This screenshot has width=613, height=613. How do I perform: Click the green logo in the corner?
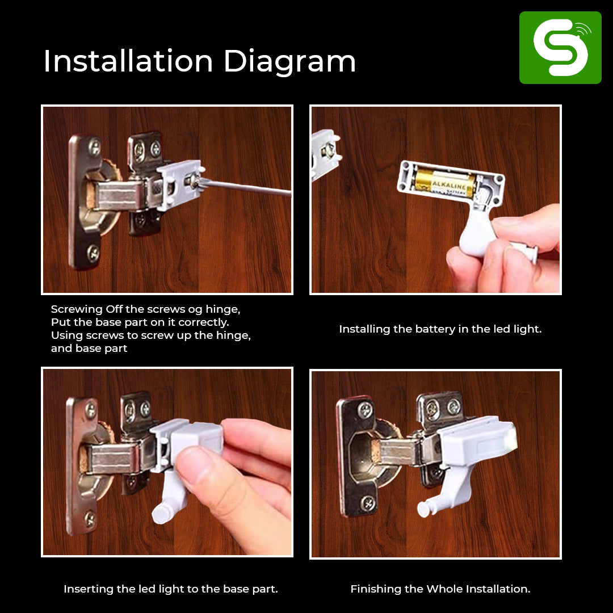[x=560, y=48]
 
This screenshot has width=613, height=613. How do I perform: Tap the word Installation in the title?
[x=128, y=61]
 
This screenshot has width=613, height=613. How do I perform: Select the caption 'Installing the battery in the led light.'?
[x=440, y=329]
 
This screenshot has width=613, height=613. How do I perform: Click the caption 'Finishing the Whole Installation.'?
[x=440, y=589]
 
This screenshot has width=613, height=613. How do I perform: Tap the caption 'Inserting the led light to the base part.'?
[x=170, y=589]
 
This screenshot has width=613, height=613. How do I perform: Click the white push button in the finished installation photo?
[x=424, y=510]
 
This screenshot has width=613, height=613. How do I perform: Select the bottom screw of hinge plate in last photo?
[x=368, y=502]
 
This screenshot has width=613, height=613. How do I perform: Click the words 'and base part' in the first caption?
[x=89, y=348]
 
